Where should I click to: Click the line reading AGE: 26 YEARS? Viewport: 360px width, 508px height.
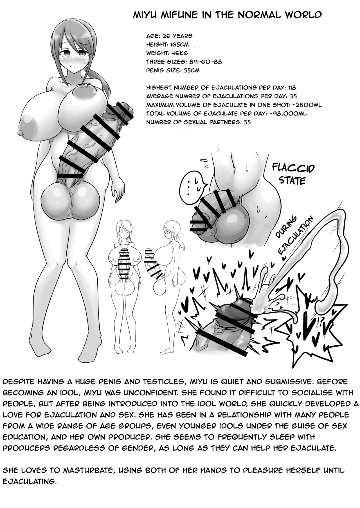coord(169,36)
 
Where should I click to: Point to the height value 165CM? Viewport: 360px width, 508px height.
coord(179,44)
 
